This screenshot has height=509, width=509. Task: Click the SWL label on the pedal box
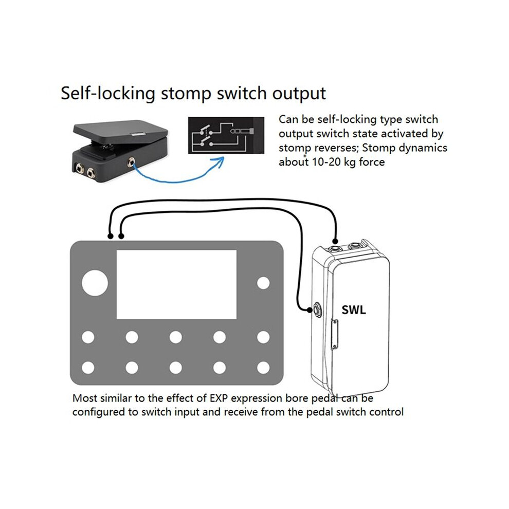(354, 310)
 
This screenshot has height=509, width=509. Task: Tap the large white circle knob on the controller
(95, 283)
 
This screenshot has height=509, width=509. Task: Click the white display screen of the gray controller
(176, 284)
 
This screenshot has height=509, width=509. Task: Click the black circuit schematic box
(226, 135)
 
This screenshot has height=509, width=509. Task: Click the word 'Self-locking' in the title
(108, 94)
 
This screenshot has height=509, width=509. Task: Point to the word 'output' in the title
(299, 94)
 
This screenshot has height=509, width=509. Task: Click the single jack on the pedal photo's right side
(132, 161)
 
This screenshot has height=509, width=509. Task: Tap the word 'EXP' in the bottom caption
(220, 398)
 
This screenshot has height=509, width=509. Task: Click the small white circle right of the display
(263, 283)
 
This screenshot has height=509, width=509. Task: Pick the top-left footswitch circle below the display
(88, 337)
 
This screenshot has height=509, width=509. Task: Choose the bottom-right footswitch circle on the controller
(263, 368)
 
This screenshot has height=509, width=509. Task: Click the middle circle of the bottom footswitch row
(176, 368)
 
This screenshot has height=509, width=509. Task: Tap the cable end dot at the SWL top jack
(335, 242)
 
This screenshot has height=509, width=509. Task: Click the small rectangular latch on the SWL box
(334, 334)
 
